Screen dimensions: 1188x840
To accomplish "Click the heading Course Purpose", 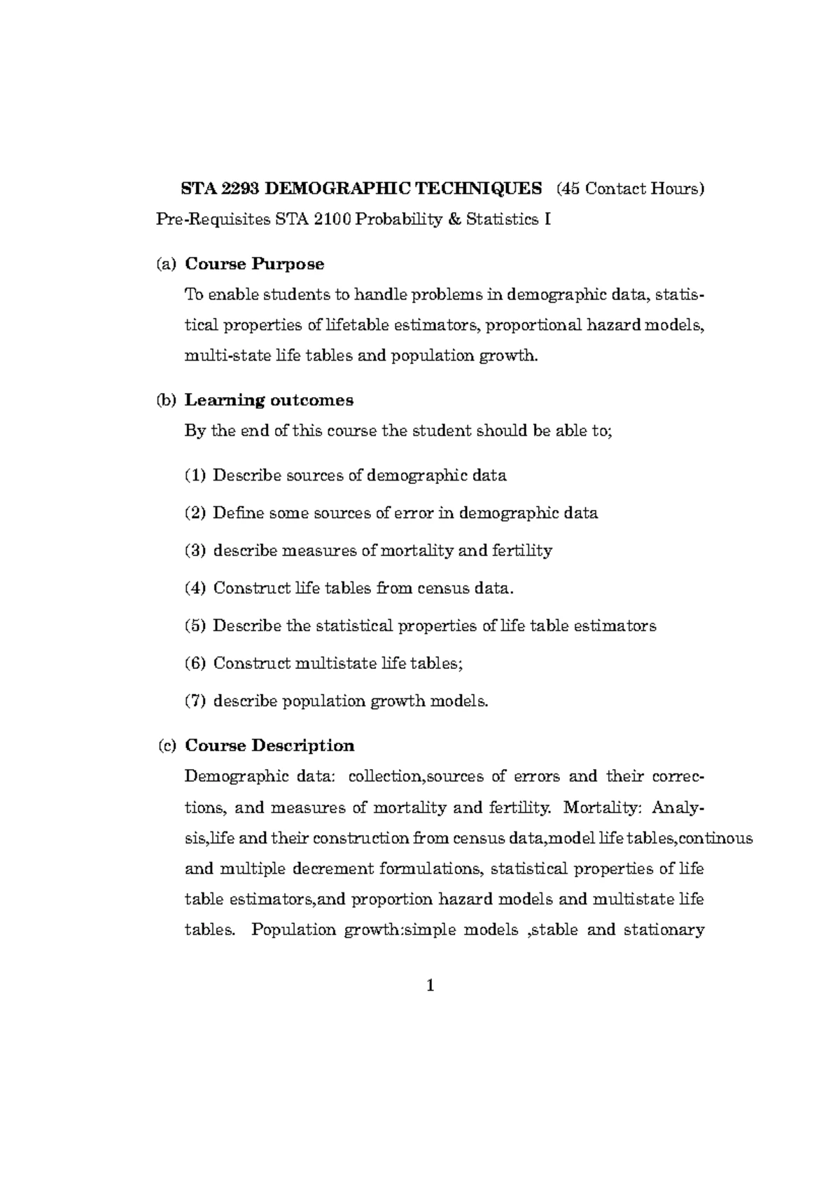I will tap(254, 264).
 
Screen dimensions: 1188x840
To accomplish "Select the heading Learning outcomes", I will tap(269, 400).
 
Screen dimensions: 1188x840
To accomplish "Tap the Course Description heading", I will tap(269, 745).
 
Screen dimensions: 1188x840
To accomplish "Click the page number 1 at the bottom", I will tap(430, 986).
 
